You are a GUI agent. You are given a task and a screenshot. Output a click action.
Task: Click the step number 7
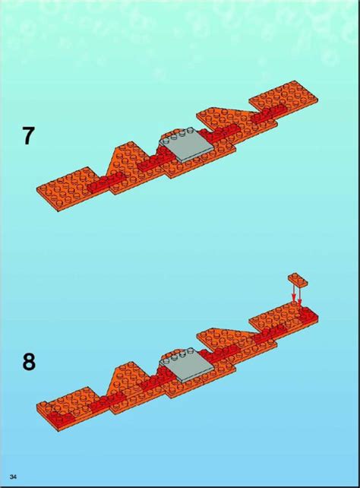pos(27,136)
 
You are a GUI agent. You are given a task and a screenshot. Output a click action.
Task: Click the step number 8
pos(28,361)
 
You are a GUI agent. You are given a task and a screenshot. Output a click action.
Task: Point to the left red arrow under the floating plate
pos(292,292)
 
